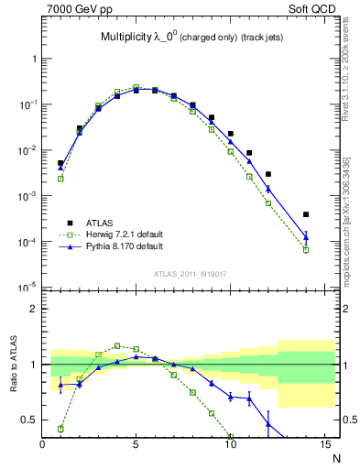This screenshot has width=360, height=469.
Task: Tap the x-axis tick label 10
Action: click(x=230, y=446)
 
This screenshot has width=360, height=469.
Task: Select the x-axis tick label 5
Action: click(x=136, y=446)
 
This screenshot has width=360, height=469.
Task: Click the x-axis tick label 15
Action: click(x=324, y=446)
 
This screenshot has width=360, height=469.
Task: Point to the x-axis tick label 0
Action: click(x=42, y=446)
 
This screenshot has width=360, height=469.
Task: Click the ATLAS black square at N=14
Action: click(x=306, y=214)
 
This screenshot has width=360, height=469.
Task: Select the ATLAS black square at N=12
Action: click(x=268, y=174)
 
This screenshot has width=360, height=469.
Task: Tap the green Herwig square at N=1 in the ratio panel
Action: click(x=60, y=429)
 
